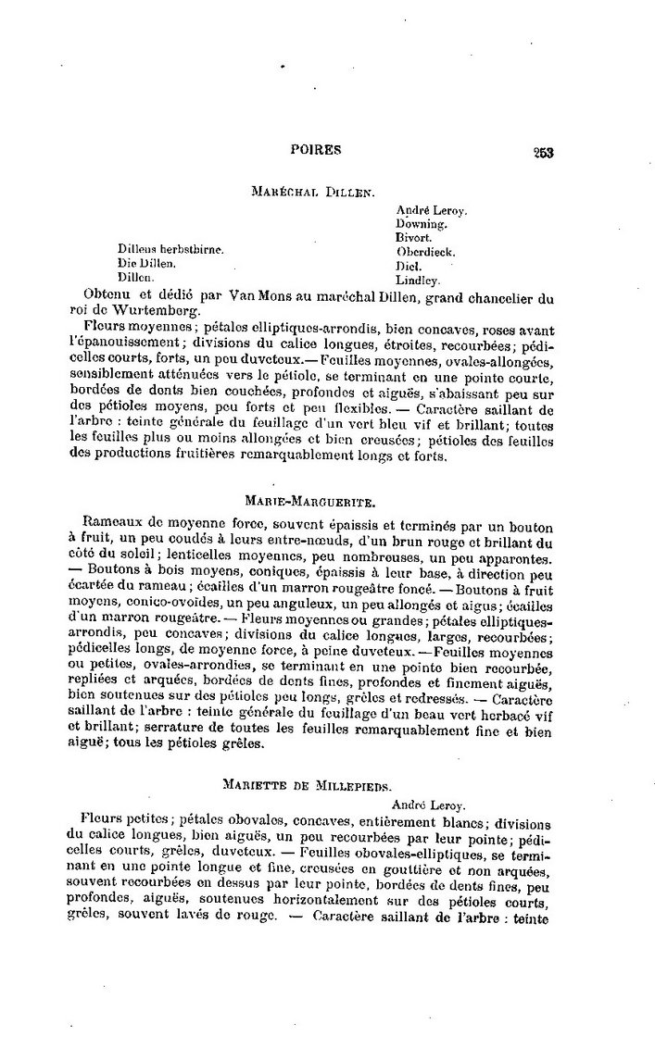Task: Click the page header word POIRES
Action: coord(315,148)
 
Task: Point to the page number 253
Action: coord(542,154)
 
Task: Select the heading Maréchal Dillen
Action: coord(312,192)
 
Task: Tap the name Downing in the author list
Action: coord(422,223)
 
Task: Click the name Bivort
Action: coord(414,237)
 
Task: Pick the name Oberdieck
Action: coord(424,251)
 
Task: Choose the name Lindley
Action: coord(418,279)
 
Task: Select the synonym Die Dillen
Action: coord(145,264)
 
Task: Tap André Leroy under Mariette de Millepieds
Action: coord(427,804)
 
